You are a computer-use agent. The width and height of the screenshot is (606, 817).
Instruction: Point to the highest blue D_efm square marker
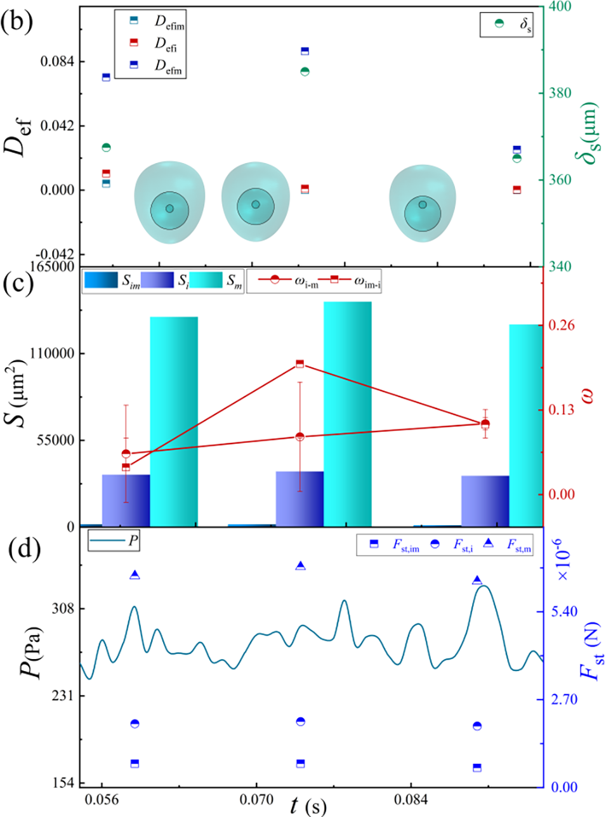[x=305, y=51]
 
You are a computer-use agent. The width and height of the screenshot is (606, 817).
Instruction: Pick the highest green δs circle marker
[x=305, y=72]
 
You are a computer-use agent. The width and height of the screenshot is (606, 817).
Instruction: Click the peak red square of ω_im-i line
[x=300, y=363]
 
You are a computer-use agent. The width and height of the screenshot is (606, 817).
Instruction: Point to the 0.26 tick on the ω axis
[x=562, y=325]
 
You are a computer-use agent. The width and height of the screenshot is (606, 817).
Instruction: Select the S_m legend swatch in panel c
[x=206, y=280]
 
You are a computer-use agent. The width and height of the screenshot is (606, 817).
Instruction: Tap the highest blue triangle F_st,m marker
[x=301, y=566]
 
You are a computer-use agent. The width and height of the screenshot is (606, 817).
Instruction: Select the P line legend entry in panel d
[x=113, y=542]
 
